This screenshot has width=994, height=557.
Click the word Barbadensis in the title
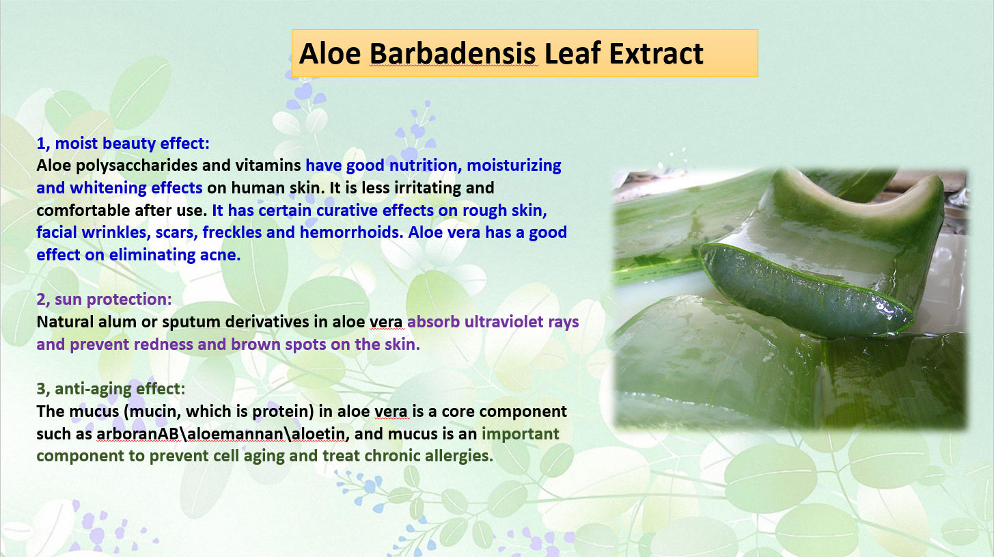coord(452,54)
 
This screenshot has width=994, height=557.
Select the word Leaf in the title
coord(572,54)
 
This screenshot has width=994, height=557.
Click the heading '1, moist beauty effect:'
coord(123,144)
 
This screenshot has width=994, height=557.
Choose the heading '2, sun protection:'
coord(104,299)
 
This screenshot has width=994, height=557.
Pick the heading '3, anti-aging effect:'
coord(111,390)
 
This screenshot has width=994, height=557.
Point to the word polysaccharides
coord(136,166)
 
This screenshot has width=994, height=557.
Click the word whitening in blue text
coord(108,188)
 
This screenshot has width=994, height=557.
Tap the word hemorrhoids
coord(351,232)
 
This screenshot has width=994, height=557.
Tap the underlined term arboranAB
coord(137,433)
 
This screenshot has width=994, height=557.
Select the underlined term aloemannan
coord(235,433)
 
